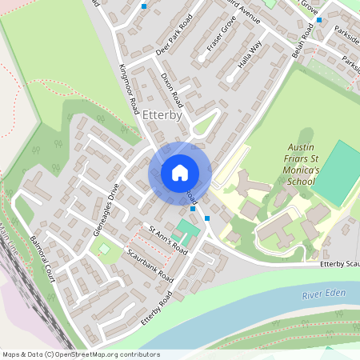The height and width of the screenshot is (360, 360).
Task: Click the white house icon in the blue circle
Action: click(180, 172)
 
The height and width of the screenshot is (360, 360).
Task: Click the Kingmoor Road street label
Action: click(129, 87)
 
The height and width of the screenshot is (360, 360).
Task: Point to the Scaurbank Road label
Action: click(150, 266)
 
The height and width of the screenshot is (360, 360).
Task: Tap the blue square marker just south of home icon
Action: click(207, 217)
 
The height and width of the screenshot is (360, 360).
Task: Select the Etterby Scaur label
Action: click(339, 264)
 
